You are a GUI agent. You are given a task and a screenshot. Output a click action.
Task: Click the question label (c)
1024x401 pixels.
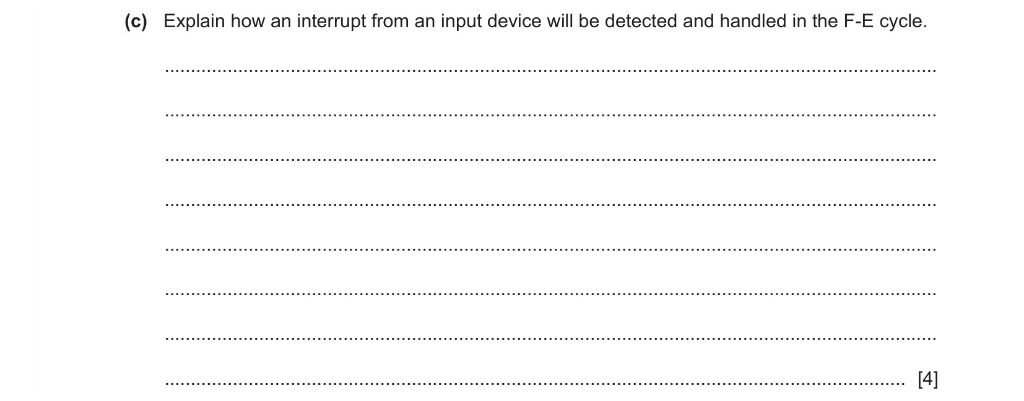136,22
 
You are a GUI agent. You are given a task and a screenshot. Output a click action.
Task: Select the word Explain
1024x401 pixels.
194,22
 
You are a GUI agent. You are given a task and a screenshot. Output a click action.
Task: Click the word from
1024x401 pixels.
390,21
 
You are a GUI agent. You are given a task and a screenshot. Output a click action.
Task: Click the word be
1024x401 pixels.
588,21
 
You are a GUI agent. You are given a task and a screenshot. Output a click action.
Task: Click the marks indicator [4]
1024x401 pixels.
927,379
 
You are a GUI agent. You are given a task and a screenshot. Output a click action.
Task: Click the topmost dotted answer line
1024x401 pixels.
550,71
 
